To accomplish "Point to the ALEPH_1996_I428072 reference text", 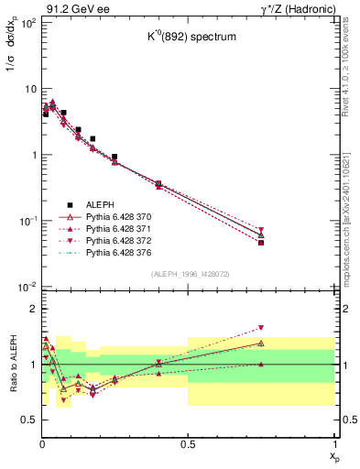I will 190,275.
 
